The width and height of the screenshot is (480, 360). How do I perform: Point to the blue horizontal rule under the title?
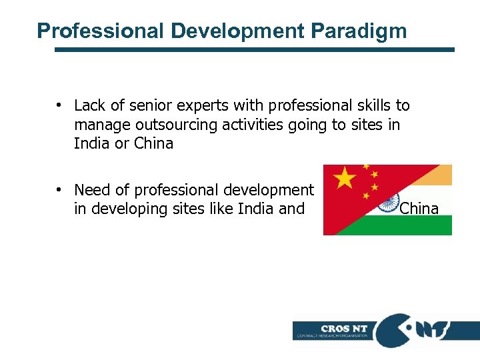(253, 49)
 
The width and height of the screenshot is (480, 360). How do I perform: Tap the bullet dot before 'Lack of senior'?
(59, 105)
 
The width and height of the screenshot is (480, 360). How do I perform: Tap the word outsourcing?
(167, 125)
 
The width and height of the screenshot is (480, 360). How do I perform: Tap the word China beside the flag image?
(419, 209)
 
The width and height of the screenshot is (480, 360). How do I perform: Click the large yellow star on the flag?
(344, 179)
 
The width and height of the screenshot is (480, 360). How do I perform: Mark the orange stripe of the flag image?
(433, 174)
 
